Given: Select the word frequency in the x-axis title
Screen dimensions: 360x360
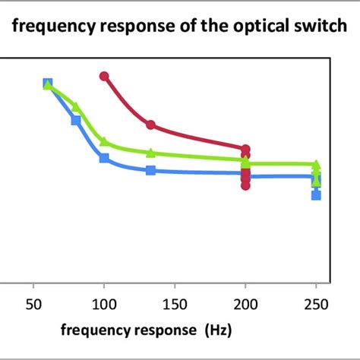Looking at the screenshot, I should click(91, 331).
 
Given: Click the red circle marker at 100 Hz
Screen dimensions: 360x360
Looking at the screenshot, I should click(105, 76).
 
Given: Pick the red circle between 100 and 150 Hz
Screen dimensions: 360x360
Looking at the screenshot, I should click(151, 125).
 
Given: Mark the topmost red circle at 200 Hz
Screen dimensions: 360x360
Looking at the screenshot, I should click(245, 150).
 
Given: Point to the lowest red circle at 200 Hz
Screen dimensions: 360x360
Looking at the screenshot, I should click(245, 185).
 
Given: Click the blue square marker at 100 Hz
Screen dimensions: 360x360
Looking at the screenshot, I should click(104, 158).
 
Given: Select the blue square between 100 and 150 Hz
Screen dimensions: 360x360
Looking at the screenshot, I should click(151, 171).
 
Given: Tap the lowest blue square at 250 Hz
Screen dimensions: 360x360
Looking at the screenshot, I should click(317, 195).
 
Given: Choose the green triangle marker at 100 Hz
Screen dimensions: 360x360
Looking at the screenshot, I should click(104, 141).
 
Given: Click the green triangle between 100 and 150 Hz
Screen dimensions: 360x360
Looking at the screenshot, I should click(151, 153).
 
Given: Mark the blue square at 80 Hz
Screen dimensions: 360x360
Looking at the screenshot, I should click(76, 120).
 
